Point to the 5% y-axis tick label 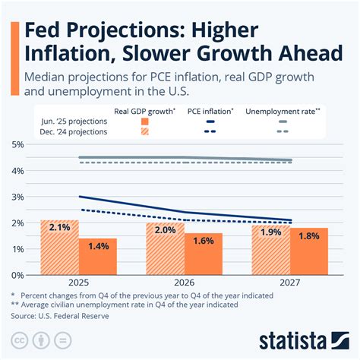pos(17,144)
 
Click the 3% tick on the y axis pos(17,197)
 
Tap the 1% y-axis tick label pos(17,249)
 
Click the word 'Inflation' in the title pos(63,56)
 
